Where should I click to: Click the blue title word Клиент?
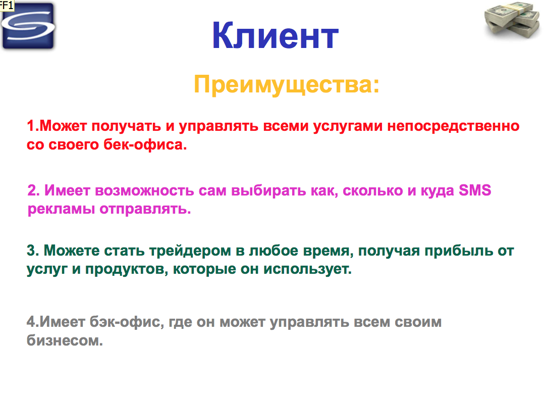[275, 36]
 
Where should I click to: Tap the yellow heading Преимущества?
[286, 84]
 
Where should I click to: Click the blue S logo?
[28, 26]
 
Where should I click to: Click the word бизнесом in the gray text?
[65, 340]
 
